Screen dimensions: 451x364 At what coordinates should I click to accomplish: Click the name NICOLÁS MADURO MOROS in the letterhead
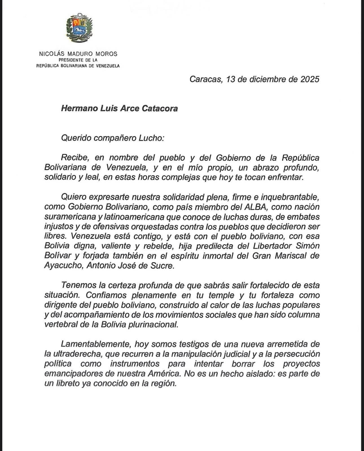tap(78, 54)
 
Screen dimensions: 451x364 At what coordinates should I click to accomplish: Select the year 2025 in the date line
tap(310, 79)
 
